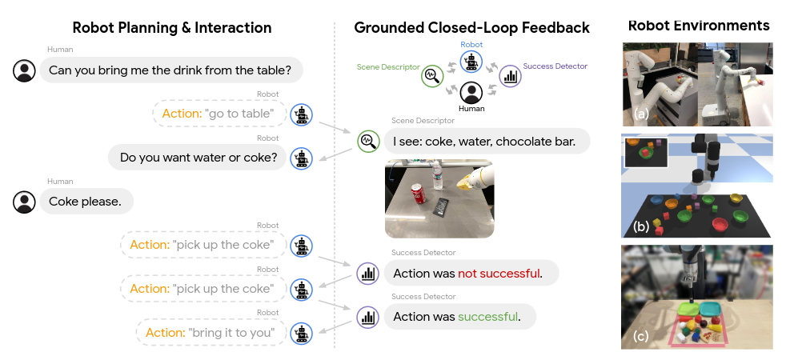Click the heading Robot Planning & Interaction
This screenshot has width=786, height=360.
coord(172,28)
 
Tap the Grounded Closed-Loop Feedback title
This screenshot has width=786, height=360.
coord(471,28)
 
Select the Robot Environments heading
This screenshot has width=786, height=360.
coord(698,26)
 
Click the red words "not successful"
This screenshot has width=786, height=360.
coord(499,274)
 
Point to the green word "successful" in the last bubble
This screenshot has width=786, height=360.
coord(487,317)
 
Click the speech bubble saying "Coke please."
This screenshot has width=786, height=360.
coord(85,202)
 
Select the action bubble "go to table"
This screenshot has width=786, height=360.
coord(219,114)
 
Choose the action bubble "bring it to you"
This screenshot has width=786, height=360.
coord(211,332)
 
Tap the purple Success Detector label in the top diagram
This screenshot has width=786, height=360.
coord(555,66)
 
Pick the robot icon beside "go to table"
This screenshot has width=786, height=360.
coord(301,114)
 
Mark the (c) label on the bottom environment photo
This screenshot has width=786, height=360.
coord(640,336)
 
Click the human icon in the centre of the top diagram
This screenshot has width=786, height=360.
coord(471,92)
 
